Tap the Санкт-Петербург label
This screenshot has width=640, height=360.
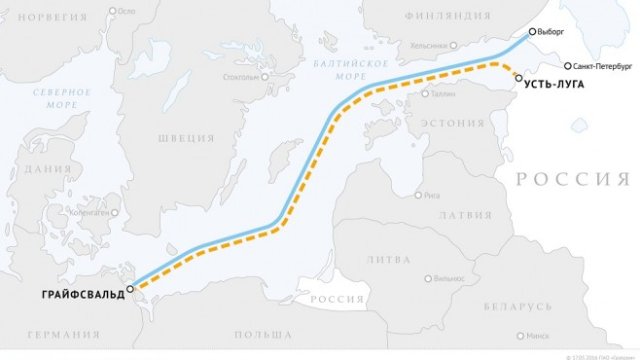(x=601, y=65)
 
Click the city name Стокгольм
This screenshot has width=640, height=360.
(x=245, y=77)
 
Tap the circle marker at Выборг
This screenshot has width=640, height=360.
(x=532, y=32)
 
